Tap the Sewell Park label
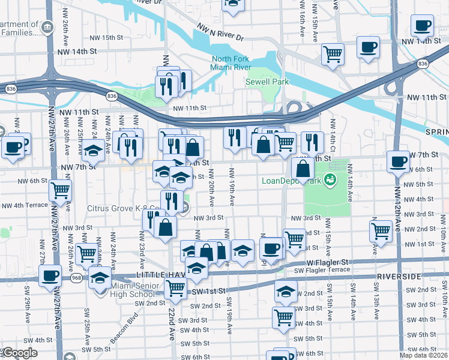(267, 82)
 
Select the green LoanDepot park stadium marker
(329, 179)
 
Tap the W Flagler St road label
(328, 262)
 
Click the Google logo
(20, 353)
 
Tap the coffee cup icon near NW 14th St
(422, 26)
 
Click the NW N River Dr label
(220, 32)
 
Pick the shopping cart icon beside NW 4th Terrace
(61, 190)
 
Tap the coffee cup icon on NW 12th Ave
(397, 161)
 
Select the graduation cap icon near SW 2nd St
(286, 292)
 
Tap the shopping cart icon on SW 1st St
(175, 288)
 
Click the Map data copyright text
(425, 355)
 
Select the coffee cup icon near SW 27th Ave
(50, 275)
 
